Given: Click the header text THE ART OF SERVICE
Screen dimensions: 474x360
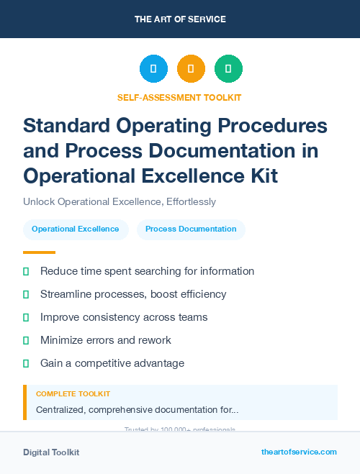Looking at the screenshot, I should pyautogui.click(x=180, y=19).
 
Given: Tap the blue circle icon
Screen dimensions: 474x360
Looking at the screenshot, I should pyautogui.click(x=153, y=69).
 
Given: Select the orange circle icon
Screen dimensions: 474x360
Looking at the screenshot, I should pyautogui.click(x=191, y=69).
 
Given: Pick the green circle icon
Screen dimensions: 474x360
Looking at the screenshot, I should pyautogui.click(x=228, y=69).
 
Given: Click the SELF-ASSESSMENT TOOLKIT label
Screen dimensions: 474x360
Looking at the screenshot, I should pyautogui.click(x=179, y=97).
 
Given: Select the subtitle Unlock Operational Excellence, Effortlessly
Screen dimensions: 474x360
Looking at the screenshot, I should pyautogui.click(x=120, y=202).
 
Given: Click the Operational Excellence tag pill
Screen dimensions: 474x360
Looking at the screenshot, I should pyautogui.click(x=76, y=229).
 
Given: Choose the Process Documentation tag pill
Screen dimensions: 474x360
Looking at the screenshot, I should pyautogui.click(x=191, y=229).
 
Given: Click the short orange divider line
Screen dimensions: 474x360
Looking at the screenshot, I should pyautogui.click(x=39, y=252).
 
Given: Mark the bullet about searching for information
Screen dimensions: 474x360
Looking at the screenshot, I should pyautogui.click(x=147, y=271).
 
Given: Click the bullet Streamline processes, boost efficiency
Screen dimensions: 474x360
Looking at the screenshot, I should pyautogui.click(x=133, y=294).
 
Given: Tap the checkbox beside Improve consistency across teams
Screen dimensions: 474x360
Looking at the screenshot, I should pyautogui.click(x=26, y=317).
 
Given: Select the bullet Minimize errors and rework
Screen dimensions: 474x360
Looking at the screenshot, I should pyautogui.click(x=106, y=340).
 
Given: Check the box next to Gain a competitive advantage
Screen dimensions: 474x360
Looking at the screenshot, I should pyautogui.click(x=26, y=363).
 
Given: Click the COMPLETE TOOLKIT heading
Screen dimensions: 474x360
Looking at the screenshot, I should pyautogui.click(x=73, y=394).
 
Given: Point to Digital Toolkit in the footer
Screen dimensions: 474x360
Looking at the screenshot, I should pyautogui.click(x=51, y=452).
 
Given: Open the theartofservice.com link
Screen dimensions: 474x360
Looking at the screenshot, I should pyautogui.click(x=299, y=452).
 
